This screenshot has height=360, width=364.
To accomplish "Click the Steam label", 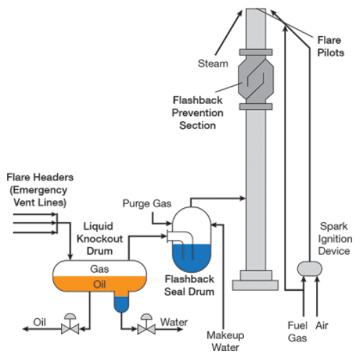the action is pos(213,63).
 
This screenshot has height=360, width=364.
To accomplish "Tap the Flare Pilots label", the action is pos(330,46).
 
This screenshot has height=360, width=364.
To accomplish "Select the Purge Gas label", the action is pos(147,203).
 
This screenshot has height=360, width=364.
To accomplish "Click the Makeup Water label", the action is pos(225,341).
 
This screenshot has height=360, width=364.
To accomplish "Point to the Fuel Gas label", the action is pos(297,332).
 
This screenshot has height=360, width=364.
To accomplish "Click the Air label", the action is pos(322,325).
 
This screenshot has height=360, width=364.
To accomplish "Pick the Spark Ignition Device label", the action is pos(334,239).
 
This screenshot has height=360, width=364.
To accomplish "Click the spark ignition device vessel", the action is pos(310,268).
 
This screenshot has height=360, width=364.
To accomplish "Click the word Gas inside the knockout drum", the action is pos(99,269).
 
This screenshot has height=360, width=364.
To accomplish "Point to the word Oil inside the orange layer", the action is pos(99,284).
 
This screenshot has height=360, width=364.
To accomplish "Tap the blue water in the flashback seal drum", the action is pos(191,258).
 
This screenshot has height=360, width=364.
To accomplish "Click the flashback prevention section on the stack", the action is pos(256,79).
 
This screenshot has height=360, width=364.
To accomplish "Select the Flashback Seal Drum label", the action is pos(189,286).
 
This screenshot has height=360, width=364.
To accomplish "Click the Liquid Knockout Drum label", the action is pos(100,239).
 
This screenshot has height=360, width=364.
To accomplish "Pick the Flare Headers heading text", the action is pos(40,177).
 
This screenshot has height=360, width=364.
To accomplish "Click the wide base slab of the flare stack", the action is pos(255,285).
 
